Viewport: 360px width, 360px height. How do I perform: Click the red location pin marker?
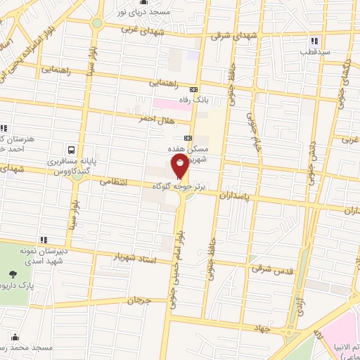point(180,167)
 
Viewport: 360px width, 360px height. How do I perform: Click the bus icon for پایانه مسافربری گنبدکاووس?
point(71,150)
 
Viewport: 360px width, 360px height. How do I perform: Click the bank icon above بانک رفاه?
point(194,89)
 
